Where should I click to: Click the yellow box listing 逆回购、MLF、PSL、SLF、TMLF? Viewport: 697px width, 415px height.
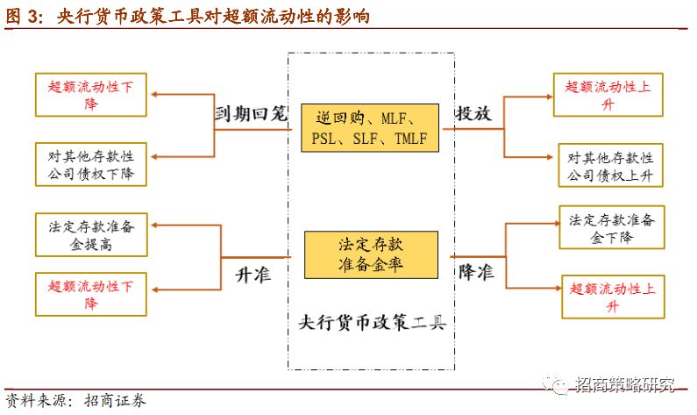369,129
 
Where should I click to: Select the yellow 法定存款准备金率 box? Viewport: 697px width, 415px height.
370,254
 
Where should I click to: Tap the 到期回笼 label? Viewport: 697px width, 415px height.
252,114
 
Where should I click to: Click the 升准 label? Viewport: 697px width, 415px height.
252,274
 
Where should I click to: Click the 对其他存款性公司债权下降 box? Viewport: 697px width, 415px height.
90,165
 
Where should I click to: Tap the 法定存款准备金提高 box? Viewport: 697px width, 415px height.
90,235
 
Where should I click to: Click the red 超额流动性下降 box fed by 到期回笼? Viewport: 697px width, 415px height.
90,95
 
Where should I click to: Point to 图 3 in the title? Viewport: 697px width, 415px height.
25,16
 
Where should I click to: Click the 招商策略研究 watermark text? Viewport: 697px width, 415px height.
625,383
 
